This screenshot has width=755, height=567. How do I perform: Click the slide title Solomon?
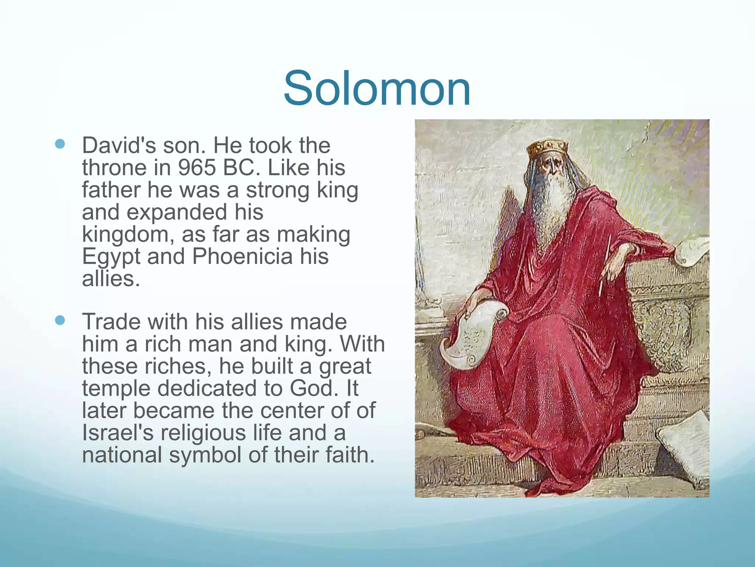377,89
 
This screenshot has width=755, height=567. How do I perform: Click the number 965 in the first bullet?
196,168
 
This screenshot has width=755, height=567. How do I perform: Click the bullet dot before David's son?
60,144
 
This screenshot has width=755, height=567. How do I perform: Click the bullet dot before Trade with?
60,320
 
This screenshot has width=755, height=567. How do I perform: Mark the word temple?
116,389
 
